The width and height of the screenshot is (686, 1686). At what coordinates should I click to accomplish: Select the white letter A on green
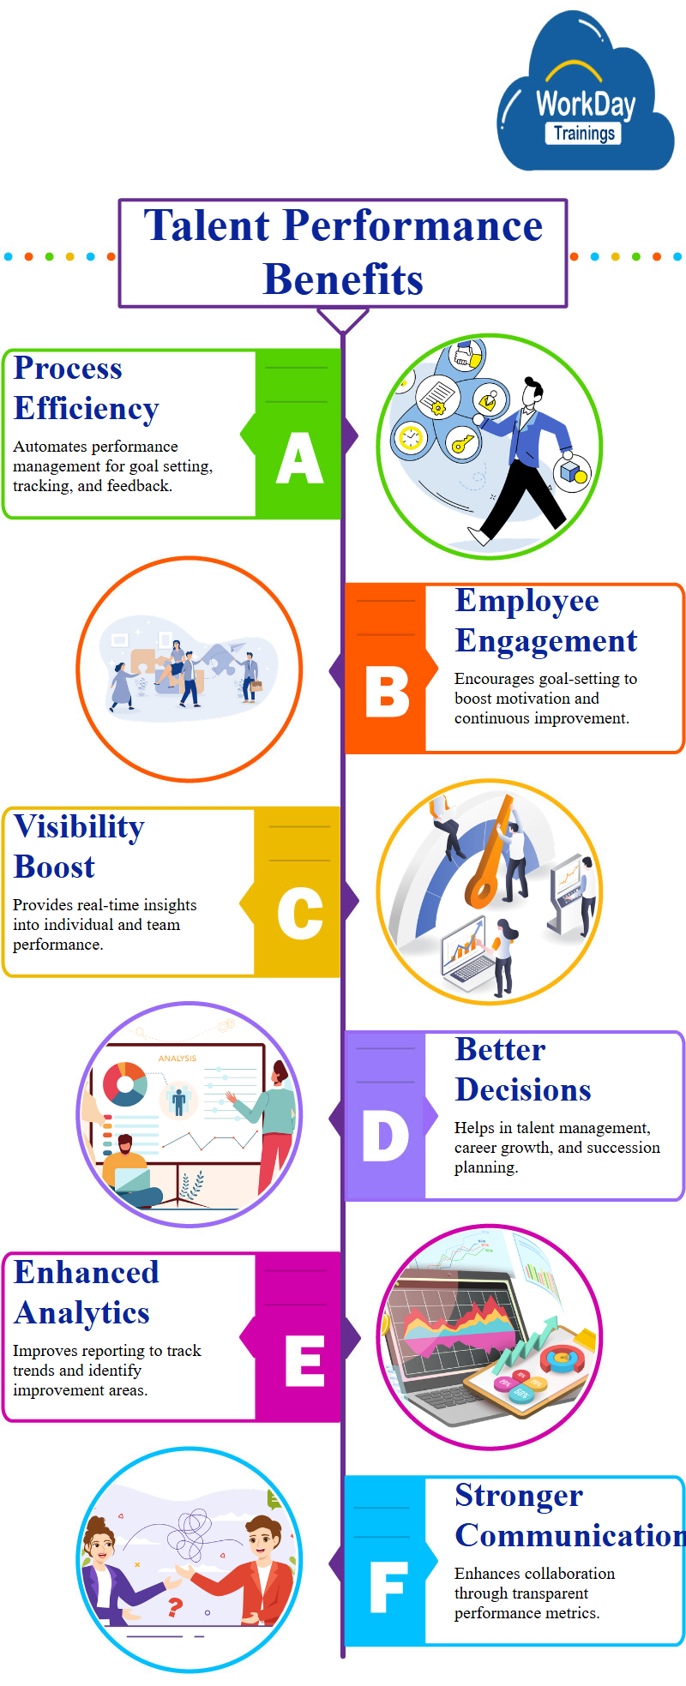coord(300,458)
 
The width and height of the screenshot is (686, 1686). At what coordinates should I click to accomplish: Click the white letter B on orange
coord(387,692)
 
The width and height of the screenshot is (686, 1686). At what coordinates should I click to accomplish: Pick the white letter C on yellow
coord(300,914)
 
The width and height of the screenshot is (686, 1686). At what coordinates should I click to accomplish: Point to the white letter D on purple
coord(386,1136)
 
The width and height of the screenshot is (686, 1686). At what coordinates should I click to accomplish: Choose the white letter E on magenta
coord(304,1360)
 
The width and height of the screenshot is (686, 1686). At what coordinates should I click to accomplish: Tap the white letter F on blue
coord(388,1587)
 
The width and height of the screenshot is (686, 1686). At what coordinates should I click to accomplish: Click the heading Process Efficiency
coord(86,388)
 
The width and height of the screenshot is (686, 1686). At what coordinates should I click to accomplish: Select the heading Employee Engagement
coord(545,621)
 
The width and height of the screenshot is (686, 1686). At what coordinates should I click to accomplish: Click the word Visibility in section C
coord(79,827)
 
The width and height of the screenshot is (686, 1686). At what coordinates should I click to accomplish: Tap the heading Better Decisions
coord(523,1070)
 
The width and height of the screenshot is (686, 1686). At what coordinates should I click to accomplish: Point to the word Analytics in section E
coord(82,1313)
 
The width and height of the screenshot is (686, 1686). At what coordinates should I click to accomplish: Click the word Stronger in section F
coord(519,1496)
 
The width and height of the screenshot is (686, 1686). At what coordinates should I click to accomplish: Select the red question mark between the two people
coord(175,1607)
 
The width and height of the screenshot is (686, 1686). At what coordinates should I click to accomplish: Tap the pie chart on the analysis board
coord(125,1083)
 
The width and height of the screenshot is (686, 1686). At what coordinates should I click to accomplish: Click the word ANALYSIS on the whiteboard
coord(178,1059)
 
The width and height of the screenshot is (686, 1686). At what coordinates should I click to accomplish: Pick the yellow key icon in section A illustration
coord(463,443)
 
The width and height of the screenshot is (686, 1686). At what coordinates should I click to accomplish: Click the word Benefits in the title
coord(343,279)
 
